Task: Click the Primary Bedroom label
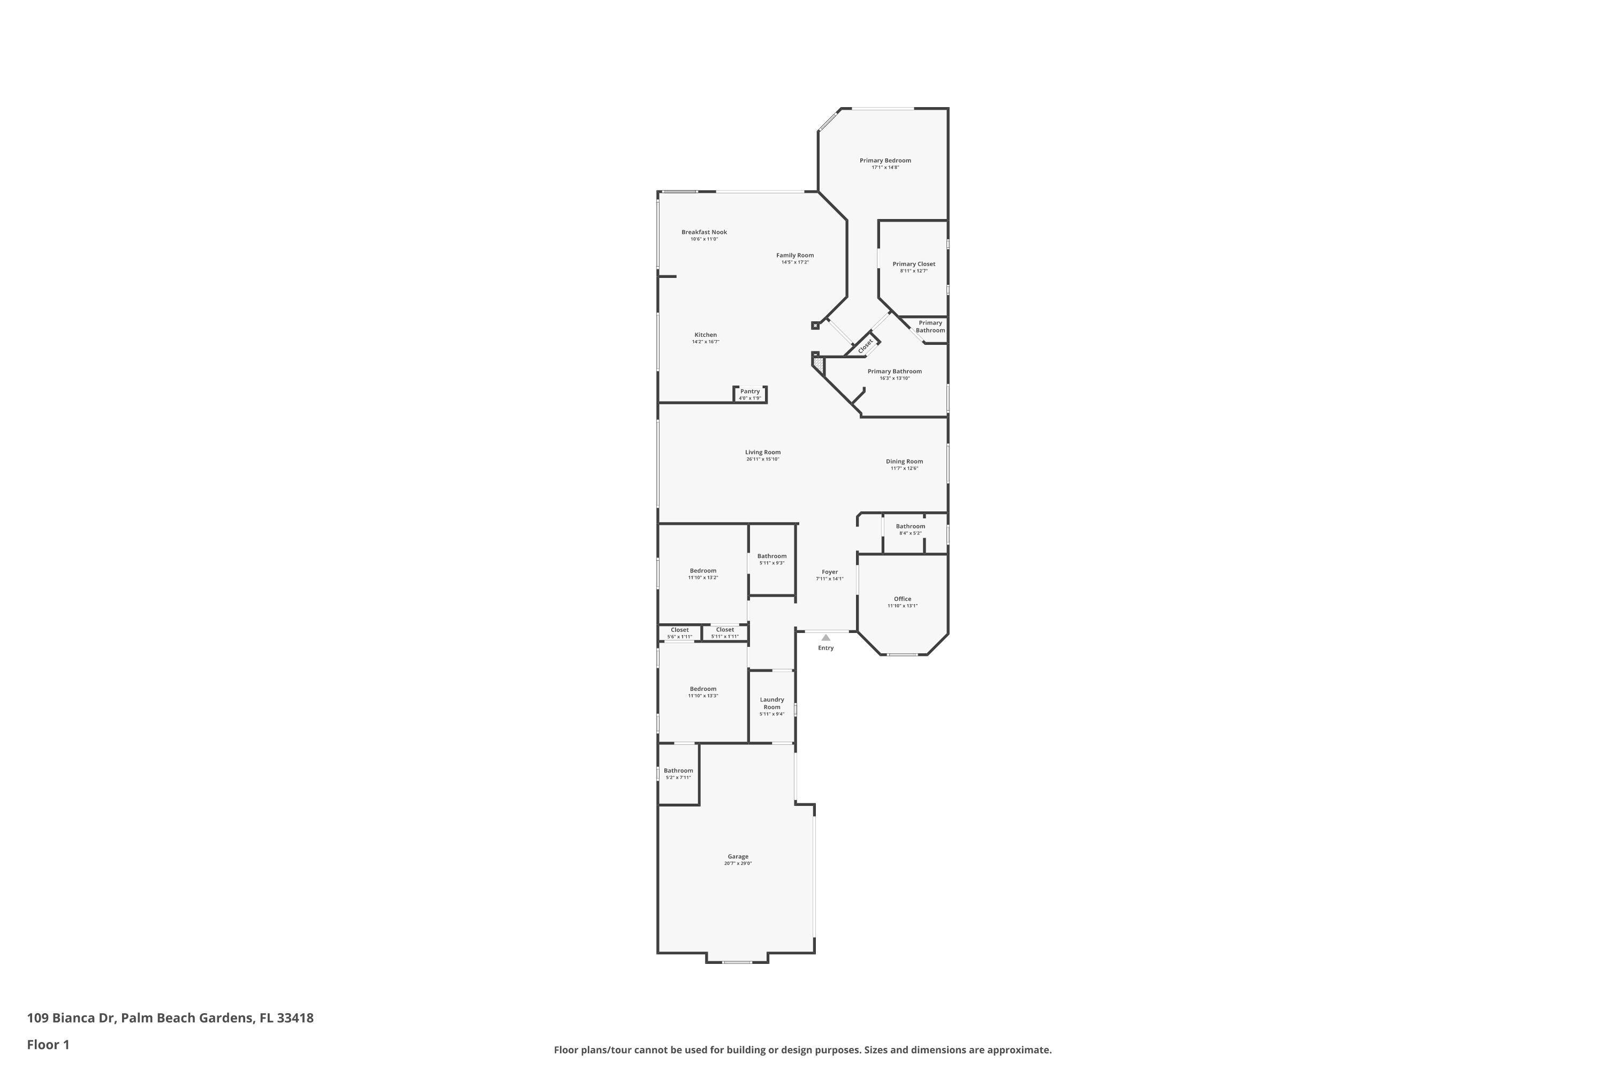885,161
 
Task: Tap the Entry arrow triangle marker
825,637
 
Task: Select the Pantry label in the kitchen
750,391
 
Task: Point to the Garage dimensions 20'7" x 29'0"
738,863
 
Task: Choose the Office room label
902,599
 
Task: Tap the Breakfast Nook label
704,232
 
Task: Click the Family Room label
795,255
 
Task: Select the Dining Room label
904,462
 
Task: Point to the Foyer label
830,572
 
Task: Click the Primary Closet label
914,265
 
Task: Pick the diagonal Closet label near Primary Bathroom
865,346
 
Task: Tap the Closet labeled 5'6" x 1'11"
679,630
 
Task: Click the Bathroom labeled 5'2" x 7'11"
678,771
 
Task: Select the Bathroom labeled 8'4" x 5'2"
910,526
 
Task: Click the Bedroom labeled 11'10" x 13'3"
702,689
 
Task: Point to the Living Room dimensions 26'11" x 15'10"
763,459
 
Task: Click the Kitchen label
706,335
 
